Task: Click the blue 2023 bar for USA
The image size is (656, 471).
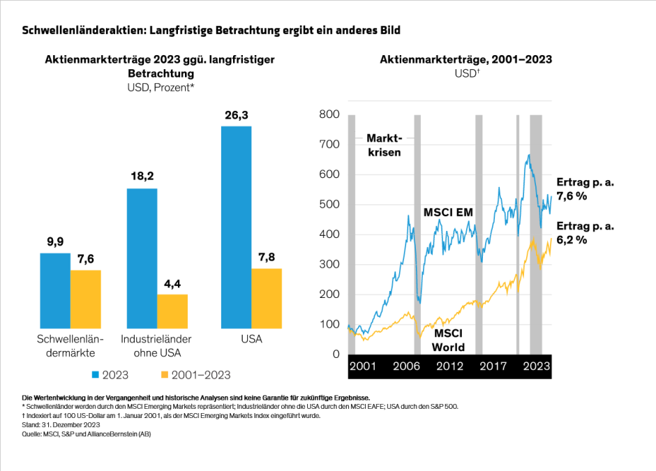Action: tap(236, 227)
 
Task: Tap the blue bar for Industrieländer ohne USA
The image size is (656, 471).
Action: tap(142, 258)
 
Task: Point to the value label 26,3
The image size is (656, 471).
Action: tap(236, 115)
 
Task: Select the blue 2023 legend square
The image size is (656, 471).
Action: tap(96, 375)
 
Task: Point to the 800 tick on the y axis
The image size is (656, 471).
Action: tap(329, 114)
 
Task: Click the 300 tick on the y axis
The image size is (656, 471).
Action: tap(329, 264)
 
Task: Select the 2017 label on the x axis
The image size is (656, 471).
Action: tap(493, 366)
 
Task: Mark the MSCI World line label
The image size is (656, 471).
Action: tap(447, 341)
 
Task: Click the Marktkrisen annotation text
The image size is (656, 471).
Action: tap(384, 145)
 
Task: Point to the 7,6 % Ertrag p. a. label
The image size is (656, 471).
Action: tap(585, 190)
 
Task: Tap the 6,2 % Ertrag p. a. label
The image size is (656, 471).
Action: tap(585, 233)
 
